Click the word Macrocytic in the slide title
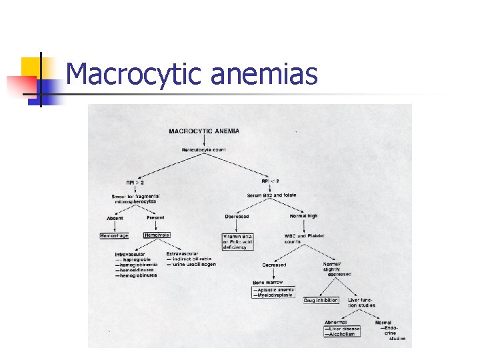pos(134,73)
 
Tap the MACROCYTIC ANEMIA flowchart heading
pos(204,131)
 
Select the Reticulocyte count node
pos(204,150)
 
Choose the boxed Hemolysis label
pos(157,235)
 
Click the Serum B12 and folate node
pos(271,195)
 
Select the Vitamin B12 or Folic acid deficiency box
pos(239,241)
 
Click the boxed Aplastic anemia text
pos(273,290)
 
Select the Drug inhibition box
pos(321,301)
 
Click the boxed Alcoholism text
pos(341,335)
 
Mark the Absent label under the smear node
pos(115,218)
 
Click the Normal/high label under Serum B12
pos(304,217)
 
